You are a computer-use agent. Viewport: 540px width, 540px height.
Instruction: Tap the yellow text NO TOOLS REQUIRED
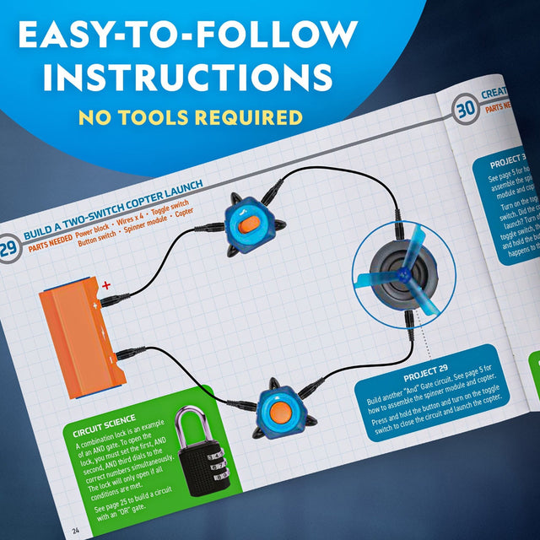click(x=189, y=116)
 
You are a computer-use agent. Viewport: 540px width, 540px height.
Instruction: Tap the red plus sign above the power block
click(x=106, y=288)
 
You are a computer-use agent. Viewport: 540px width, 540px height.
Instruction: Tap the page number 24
click(x=76, y=530)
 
